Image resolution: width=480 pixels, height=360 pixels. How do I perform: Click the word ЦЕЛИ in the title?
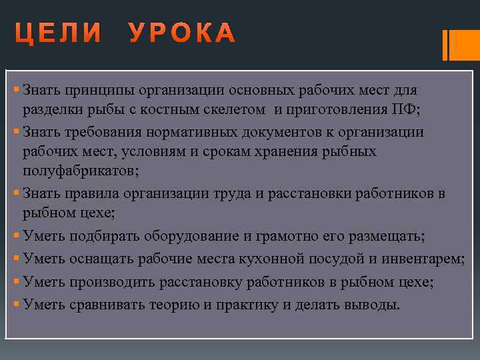pyautogui.click(x=59, y=33)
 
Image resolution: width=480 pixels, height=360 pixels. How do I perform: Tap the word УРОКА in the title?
pyautogui.click(x=182, y=33)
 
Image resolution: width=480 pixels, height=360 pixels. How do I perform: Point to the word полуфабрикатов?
pyautogui.click(x=79, y=171)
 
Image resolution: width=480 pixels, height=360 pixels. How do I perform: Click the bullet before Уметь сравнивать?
pyautogui.click(x=16, y=305)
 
